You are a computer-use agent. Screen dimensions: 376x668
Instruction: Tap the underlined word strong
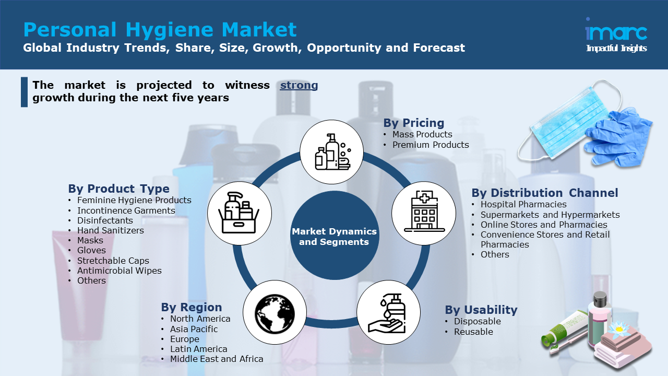[x=299, y=85]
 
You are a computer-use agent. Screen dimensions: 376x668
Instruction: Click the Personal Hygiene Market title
[x=160, y=29]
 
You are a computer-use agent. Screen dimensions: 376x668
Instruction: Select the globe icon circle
[x=275, y=313]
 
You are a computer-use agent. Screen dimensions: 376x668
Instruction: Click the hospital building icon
[x=423, y=213]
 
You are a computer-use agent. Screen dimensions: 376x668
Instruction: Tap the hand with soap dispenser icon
[x=388, y=313]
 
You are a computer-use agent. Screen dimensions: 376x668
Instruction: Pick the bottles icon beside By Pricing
[x=331, y=152]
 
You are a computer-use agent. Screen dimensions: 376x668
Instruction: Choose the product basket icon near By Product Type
[x=239, y=213]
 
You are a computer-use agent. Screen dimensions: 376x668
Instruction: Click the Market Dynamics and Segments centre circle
[x=334, y=237]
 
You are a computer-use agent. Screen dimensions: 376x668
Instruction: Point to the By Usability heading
[x=481, y=310]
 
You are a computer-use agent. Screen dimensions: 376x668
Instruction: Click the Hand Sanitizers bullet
[x=110, y=230]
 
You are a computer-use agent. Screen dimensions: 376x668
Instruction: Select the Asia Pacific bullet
[x=194, y=329]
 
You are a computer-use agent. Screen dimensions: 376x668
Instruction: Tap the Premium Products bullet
[x=431, y=145]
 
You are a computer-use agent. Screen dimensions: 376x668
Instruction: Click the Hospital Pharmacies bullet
[x=523, y=204]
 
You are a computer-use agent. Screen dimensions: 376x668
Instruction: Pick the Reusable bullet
[x=473, y=332]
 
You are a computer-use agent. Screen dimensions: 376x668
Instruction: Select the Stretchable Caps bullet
[x=113, y=261]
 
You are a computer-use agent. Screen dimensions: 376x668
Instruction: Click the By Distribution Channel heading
[x=544, y=193]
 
